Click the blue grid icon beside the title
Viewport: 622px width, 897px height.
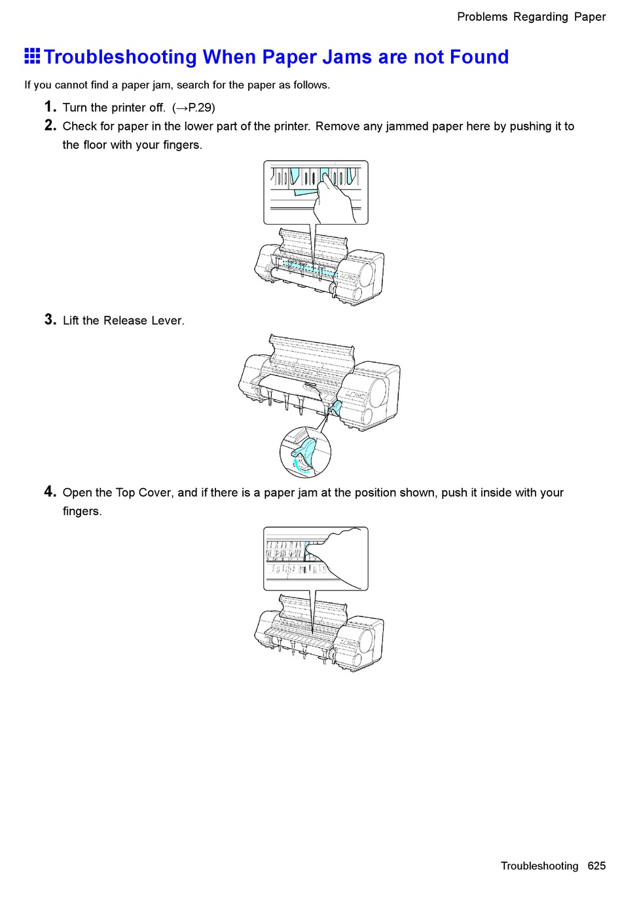[32, 57]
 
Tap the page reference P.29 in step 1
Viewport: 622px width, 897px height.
[200, 107]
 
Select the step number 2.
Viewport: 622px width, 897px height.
[50, 125]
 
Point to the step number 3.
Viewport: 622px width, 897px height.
[50, 320]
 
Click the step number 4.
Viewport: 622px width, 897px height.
[50, 491]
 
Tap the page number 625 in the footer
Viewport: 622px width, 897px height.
[596, 866]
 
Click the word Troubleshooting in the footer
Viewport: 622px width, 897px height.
[540, 866]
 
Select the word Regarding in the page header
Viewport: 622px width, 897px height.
[540, 17]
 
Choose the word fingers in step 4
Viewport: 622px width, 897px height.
[82, 511]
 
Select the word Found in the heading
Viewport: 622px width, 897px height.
[479, 57]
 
